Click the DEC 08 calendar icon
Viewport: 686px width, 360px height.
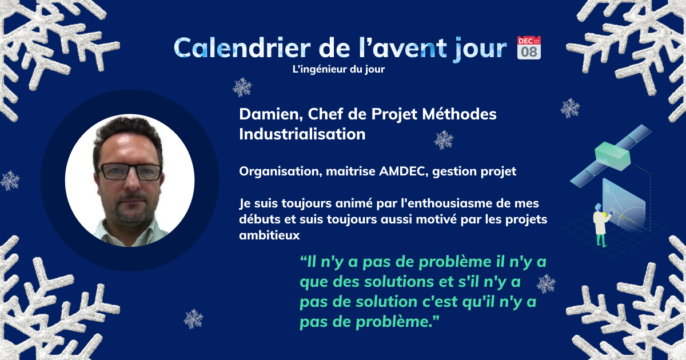[x=529, y=48]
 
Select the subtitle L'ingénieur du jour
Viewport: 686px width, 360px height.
[x=338, y=69]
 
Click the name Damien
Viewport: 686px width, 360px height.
[x=271, y=114]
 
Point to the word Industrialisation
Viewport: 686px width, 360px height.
[x=302, y=134]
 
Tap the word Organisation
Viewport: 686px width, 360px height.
[x=281, y=171]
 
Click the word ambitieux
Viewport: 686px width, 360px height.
[x=269, y=235]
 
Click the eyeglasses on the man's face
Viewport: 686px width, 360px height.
[x=131, y=172]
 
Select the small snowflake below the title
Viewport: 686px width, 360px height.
[x=242, y=87]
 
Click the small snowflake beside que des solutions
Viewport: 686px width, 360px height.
[x=546, y=284]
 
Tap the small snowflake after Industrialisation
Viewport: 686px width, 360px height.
[x=444, y=139]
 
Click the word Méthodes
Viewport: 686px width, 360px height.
[x=460, y=114]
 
